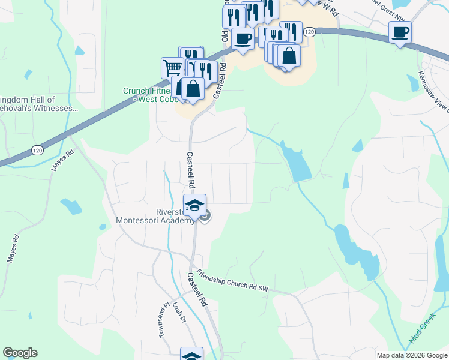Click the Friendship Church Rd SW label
tap(232, 280)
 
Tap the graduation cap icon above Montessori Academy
tap(194, 206)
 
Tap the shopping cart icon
tap(172, 67)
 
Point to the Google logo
tap(20, 353)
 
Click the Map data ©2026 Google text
tap(411, 355)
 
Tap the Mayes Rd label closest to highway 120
tap(61, 160)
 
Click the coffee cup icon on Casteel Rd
tap(243, 39)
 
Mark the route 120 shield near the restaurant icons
tap(309, 31)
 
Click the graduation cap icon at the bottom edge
tap(191, 355)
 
